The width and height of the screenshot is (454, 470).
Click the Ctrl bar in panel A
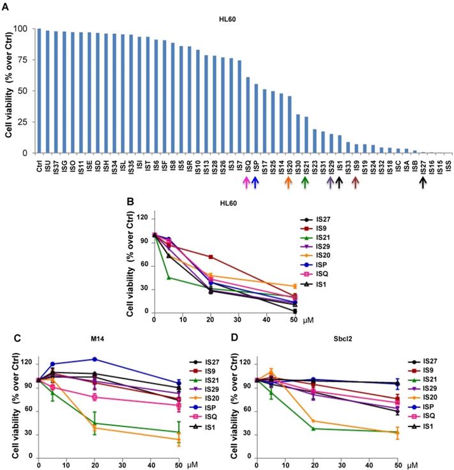39,91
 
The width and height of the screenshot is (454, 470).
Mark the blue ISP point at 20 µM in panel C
95,359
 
